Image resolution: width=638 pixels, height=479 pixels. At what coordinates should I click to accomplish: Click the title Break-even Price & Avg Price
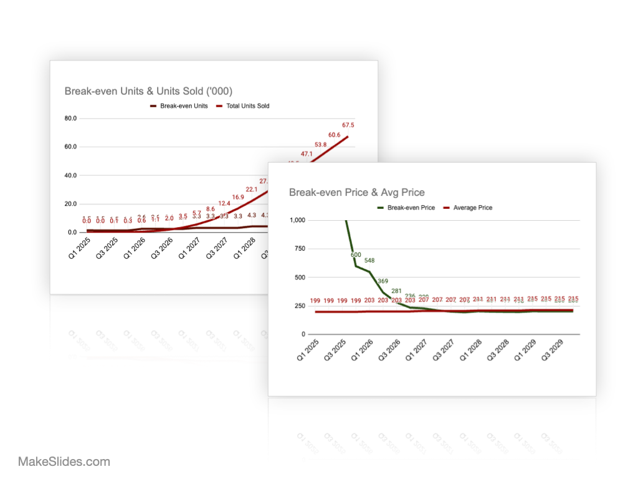tap(357, 192)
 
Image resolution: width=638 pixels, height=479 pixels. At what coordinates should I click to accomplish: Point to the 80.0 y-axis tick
tap(70, 118)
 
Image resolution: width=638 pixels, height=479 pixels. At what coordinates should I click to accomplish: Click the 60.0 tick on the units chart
tap(70, 147)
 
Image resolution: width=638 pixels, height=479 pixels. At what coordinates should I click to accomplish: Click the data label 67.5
tap(348, 125)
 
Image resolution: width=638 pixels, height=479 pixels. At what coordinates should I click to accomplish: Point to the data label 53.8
tap(320, 145)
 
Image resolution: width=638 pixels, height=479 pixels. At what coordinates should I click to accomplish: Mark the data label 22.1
tap(252, 189)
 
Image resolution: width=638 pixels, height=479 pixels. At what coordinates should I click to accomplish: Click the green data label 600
tap(356, 254)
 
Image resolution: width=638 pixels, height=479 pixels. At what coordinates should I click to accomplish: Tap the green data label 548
tap(369, 260)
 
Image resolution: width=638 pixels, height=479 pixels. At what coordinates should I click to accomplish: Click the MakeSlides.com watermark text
tap(64, 462)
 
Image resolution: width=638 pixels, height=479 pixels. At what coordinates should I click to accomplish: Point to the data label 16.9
tap(238, 197)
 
